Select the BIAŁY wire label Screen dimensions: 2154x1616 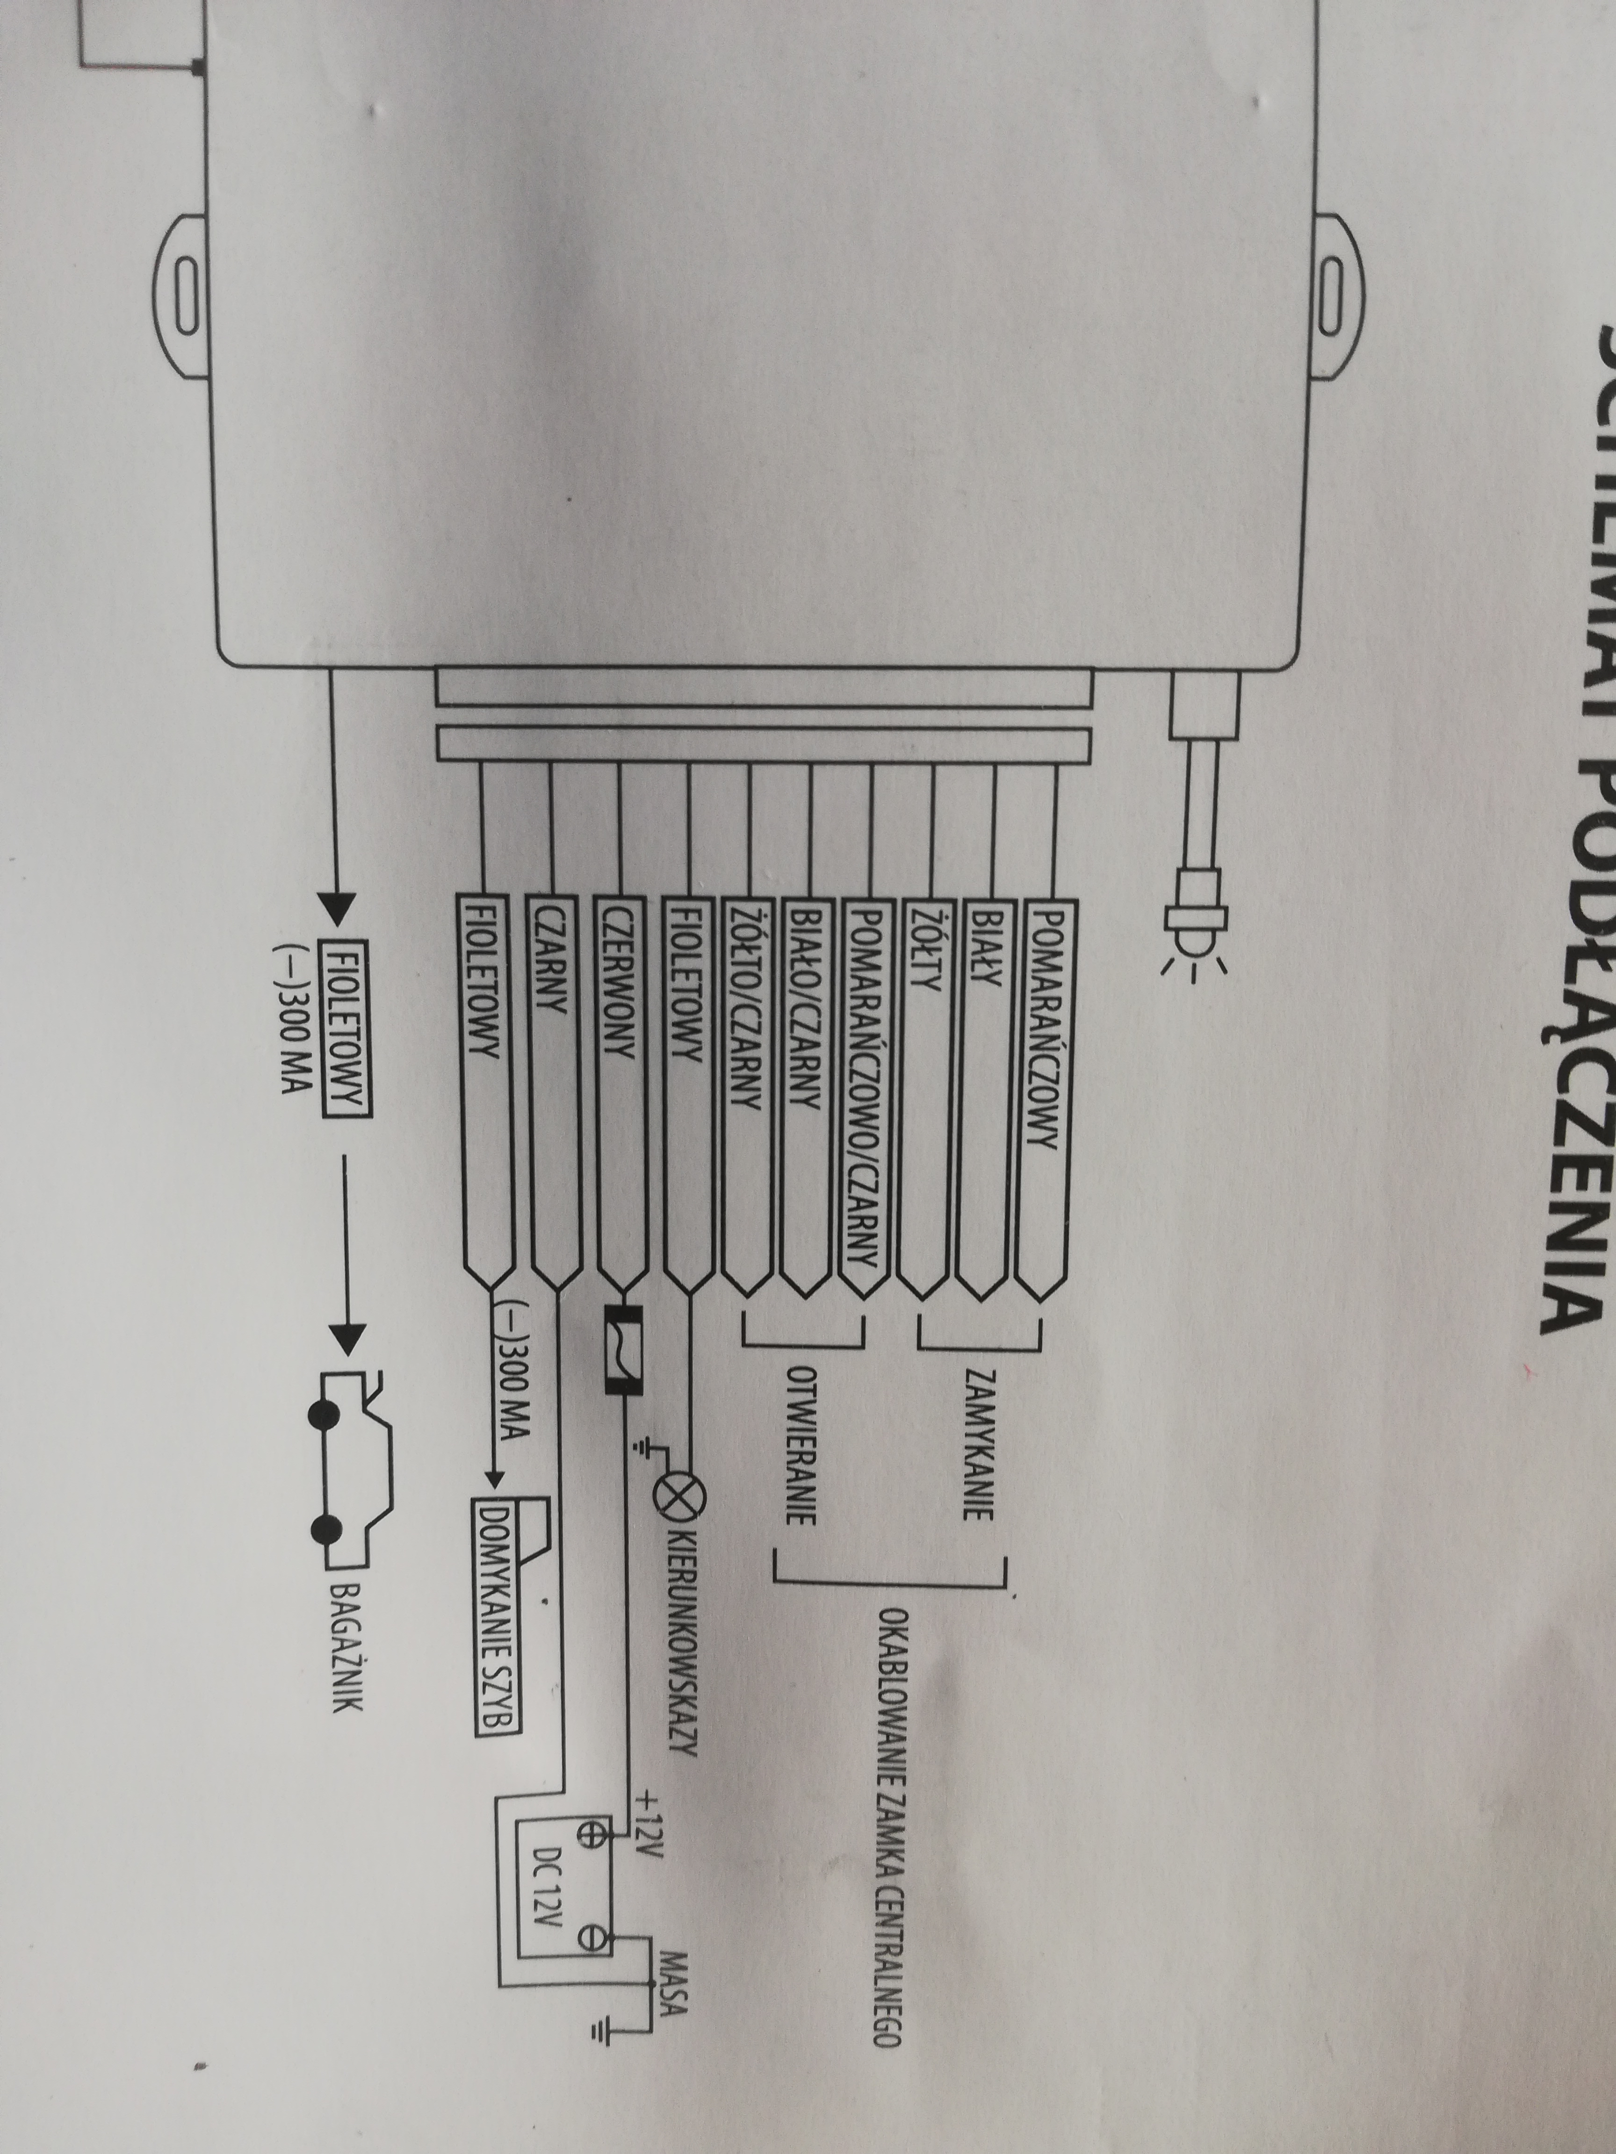(982, 949)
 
